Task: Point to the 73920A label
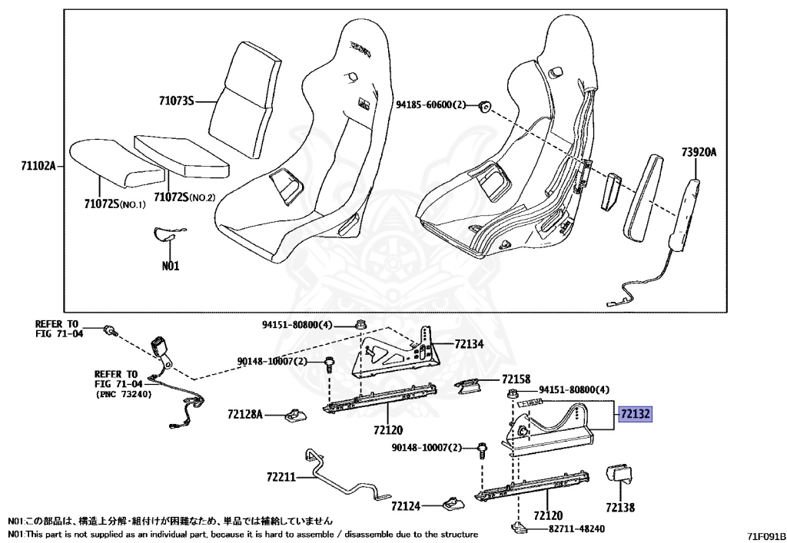point(698,153)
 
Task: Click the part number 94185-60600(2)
point(431,104)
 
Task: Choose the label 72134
point(469,344)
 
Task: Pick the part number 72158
point(516,379)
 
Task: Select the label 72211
point(281,477)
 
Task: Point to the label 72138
point(619,508)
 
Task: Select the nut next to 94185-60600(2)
point(485,106)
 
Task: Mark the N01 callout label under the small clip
point(170,267)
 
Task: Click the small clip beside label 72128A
point(294,416)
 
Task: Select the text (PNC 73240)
point(125,394)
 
